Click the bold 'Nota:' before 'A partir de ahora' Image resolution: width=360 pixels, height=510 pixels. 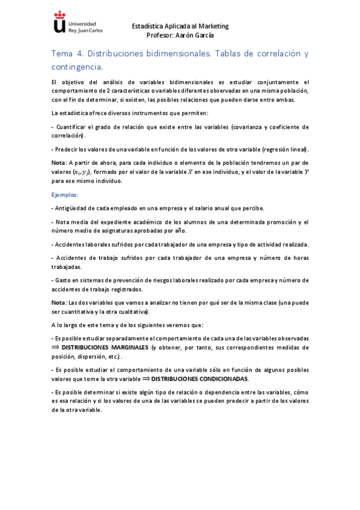pyautogui.click(x=59, y=162)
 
